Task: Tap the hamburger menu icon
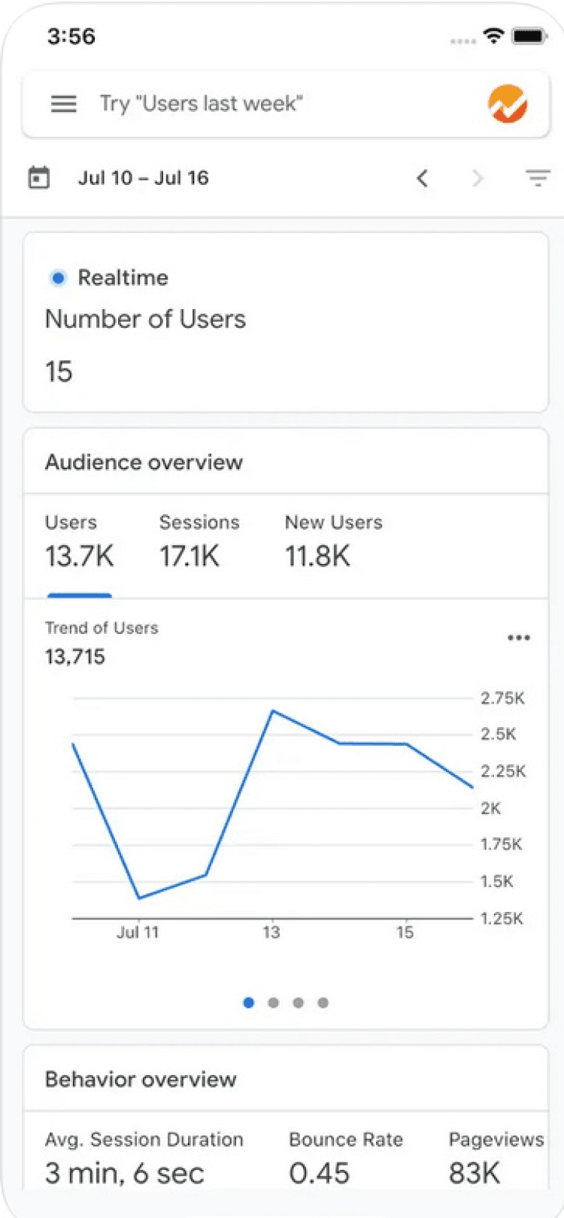point(64,104)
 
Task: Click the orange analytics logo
point(508,104)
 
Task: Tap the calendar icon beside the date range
point(38,178)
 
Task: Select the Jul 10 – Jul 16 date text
point(143,178)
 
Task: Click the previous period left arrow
point(423,178)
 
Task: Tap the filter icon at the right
point(538,178)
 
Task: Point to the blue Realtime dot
point(58,278)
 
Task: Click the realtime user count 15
point(59,371)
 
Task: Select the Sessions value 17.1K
point(190,556)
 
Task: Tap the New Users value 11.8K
point(317,556)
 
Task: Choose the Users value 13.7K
point(79,556)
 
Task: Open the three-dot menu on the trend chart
point(519,638)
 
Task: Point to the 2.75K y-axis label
point(502,698)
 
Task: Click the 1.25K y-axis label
point(502,918)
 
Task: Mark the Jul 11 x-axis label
point(138,932)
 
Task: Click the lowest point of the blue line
point(139,898)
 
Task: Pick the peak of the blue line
point(273,710)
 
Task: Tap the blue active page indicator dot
point(249,1002)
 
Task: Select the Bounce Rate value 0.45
point(320,1173)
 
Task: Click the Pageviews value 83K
point(475,1173)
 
